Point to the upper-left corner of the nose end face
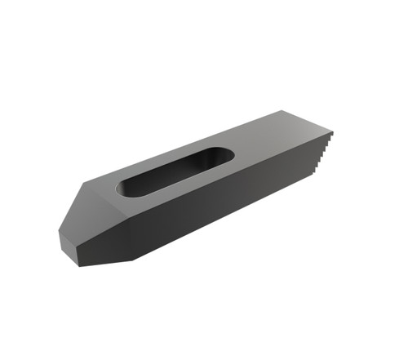pyautogui.click(x=60, y=231)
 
